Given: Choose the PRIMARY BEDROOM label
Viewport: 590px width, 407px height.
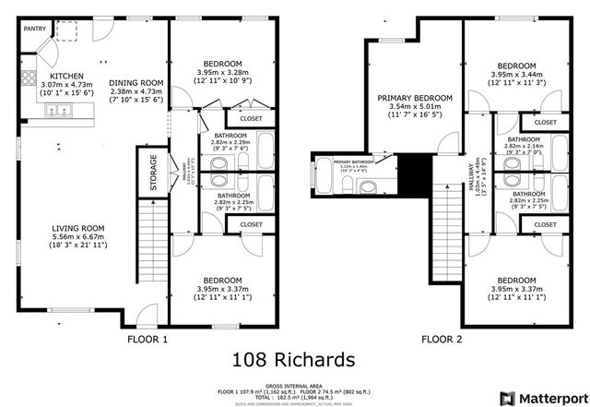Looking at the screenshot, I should coord(414,98).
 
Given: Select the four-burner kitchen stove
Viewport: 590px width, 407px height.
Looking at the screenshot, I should coord(28,78).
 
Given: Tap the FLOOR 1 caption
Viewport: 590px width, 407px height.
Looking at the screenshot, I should coord(147,340).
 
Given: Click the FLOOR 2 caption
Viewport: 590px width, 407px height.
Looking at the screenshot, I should coord(442,340).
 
